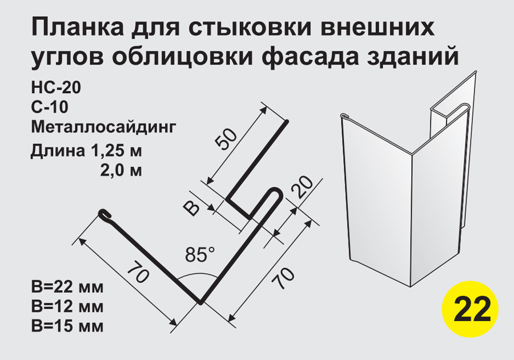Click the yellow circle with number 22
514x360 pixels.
470,309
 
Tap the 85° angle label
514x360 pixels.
200,254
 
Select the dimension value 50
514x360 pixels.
226,139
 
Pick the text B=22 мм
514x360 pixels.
67,286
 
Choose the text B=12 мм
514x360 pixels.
67,306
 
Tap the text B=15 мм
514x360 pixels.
67,326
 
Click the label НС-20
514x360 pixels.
56,87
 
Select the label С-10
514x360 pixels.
50,107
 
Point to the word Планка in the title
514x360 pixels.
77,28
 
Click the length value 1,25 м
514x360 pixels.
114,151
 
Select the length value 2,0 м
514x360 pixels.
121,170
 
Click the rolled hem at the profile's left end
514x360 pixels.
105,214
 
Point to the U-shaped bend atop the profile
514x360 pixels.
274,194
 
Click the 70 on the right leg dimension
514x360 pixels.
283,278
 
